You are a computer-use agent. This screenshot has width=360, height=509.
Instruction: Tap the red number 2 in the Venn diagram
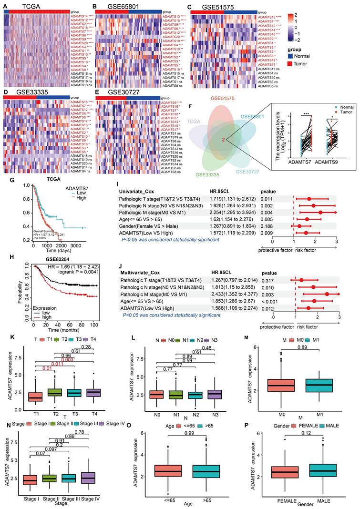222,139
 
